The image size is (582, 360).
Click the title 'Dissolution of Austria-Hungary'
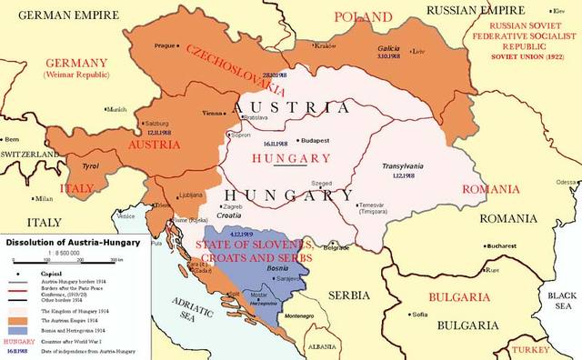pos(71,243)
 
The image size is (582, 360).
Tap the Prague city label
pos(164,45)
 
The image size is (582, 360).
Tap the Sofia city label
pos(419,315)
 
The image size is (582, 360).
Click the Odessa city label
pos(566,182)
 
